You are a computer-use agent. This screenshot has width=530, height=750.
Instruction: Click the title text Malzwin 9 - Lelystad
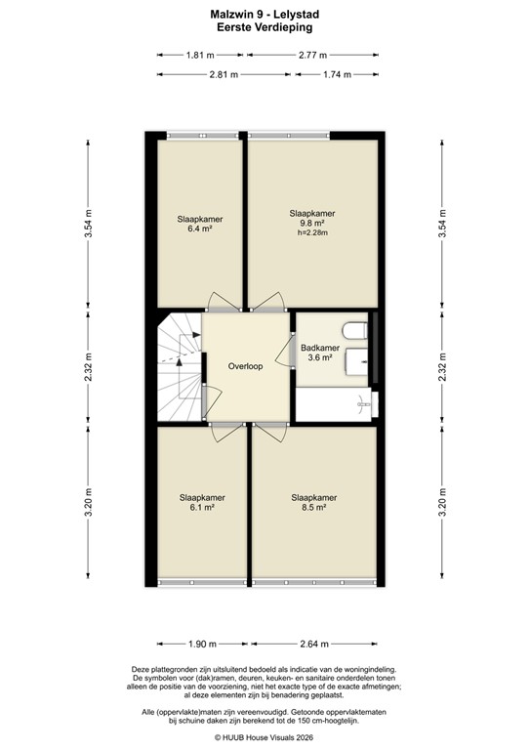(264, 15)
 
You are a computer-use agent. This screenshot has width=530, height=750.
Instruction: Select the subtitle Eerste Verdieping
(264, 28)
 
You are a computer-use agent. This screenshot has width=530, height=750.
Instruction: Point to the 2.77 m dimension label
(311, 55)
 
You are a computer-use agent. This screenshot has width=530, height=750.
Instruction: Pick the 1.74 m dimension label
(337, 74)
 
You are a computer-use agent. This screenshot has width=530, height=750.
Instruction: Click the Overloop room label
(247, 366)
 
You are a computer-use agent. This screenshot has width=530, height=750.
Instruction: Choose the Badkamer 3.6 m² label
(320, 353)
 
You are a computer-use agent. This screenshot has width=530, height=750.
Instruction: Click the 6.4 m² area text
(200, 230)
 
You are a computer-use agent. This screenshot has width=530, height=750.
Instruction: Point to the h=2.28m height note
(312, 233)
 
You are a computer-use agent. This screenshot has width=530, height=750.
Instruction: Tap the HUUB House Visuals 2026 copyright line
(264, 738)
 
